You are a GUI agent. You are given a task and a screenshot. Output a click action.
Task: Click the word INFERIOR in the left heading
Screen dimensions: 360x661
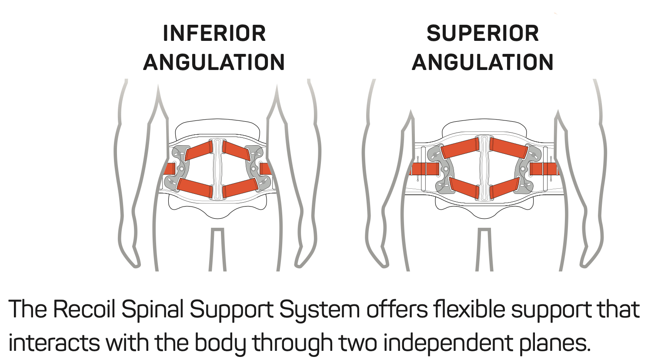pos(214,33)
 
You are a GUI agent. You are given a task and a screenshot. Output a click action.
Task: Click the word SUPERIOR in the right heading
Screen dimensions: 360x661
pos(483,33)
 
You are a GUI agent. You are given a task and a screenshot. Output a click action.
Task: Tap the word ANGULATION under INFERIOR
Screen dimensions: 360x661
pos(214,62)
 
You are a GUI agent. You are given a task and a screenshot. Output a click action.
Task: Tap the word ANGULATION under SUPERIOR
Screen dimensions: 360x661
pos(483,62)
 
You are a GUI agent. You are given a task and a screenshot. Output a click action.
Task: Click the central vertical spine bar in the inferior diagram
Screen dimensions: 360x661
pos(217,169)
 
